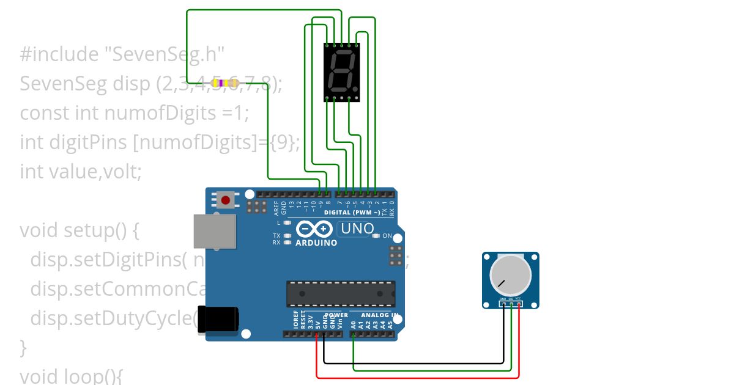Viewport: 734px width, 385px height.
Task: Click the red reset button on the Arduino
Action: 226,200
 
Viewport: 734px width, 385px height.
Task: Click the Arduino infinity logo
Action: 315,230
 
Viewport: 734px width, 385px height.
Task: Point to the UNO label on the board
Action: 357,229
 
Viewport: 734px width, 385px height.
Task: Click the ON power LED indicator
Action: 376,236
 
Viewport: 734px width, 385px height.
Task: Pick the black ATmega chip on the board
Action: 341,293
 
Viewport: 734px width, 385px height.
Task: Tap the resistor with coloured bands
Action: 224,82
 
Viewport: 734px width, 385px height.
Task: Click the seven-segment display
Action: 341,72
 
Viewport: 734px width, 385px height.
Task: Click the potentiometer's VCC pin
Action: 519,304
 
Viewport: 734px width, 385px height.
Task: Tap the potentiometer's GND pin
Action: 504,304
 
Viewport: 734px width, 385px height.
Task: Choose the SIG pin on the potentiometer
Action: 511,304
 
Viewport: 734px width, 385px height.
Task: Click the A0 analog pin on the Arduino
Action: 354,334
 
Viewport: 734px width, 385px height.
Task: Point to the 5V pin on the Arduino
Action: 317,334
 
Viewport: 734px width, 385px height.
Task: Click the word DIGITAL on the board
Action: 338,213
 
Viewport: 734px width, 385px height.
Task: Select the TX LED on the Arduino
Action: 286,235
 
